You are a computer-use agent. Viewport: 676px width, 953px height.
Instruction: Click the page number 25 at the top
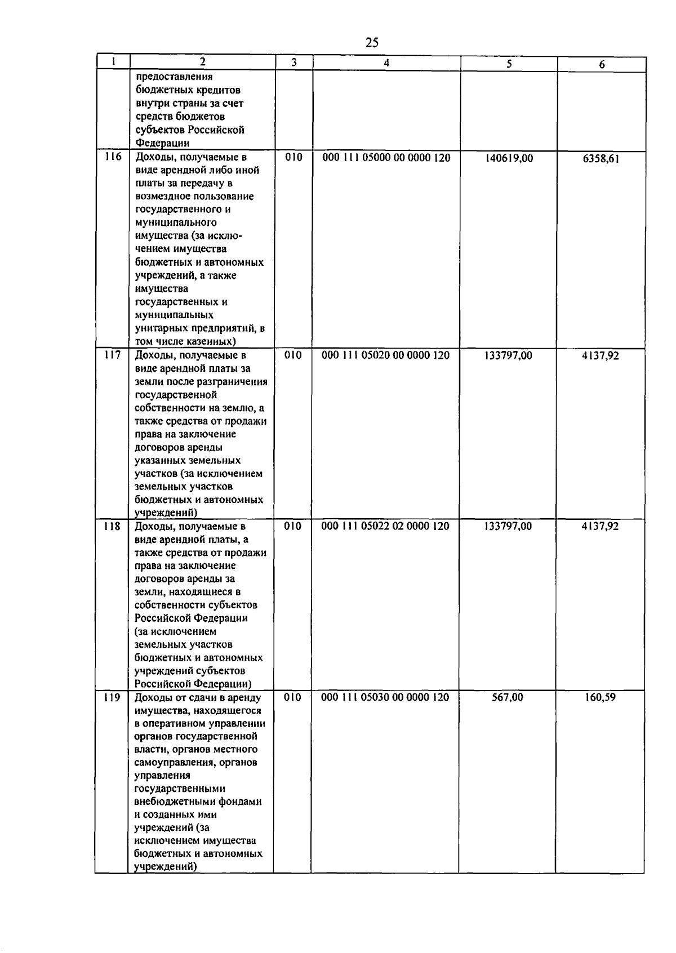[372, 42]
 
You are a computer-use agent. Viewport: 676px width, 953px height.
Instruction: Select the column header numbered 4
[386, 64]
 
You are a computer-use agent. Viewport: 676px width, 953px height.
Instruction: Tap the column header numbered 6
[602, 65]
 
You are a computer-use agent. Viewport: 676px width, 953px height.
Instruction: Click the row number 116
[113, 157]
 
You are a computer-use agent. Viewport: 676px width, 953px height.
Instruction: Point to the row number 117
[113, 355]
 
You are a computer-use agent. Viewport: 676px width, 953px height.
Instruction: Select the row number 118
[112, 527]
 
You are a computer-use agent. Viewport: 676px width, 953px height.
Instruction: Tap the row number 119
[112, 698]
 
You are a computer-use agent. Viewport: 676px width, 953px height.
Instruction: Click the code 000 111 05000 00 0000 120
[386, 158]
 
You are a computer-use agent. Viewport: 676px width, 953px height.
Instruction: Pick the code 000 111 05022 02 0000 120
[385, 527]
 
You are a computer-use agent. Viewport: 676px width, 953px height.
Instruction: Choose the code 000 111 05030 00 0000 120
[385, 698]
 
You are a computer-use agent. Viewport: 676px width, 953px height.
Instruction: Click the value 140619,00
[509, 159]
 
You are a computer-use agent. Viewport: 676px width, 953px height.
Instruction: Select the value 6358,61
[601, 159]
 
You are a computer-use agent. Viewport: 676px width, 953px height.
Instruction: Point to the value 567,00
[507, 698]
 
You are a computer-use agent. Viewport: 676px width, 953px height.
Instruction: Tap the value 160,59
[600, 698]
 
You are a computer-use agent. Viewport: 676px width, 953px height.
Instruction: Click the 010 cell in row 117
[293, 355]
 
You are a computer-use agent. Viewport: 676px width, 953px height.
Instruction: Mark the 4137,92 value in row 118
[600, 527]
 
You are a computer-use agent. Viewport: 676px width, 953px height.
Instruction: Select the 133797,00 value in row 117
[508, 356]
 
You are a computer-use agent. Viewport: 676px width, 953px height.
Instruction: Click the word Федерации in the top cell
[162, 143]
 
